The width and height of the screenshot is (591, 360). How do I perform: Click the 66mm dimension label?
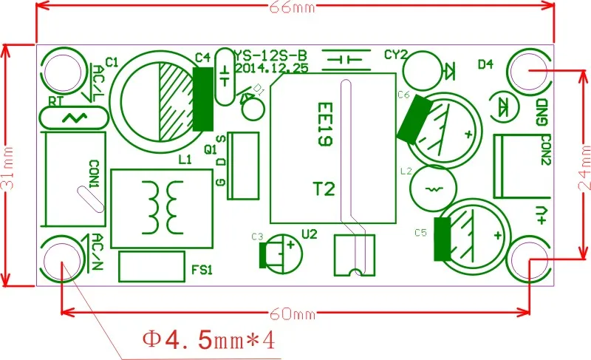coord(295,7)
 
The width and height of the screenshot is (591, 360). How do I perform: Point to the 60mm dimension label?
coord(295,316)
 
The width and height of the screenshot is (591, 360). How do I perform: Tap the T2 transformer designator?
coord(323,189)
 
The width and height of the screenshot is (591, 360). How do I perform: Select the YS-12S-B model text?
coord(270,55)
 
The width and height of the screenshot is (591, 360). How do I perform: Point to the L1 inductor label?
coord(185,159)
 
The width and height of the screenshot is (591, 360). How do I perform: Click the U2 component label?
coord(310,234)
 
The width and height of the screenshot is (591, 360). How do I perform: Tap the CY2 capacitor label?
coord(396,55)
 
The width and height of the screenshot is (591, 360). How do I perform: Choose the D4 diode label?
coord(485,64)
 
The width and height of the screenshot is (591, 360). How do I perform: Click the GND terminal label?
coord(542,112)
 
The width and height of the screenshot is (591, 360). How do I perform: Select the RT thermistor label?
coord(55,101)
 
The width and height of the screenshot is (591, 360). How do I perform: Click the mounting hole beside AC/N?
coord(61,262)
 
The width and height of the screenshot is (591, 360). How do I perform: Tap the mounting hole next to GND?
coord(530,72)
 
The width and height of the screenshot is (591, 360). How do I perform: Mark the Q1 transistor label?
coord(211,148)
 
